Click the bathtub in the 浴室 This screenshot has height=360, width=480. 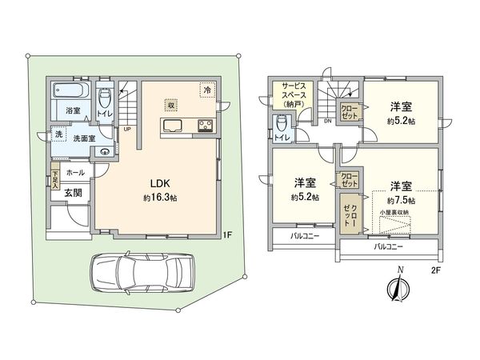(x=73, y=93)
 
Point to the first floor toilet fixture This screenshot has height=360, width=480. (x=104, y=98)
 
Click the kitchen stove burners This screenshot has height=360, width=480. (x=204, y=125)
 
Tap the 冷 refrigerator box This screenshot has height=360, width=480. (x=206, y=90)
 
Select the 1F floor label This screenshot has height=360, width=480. (x=227, y=234)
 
